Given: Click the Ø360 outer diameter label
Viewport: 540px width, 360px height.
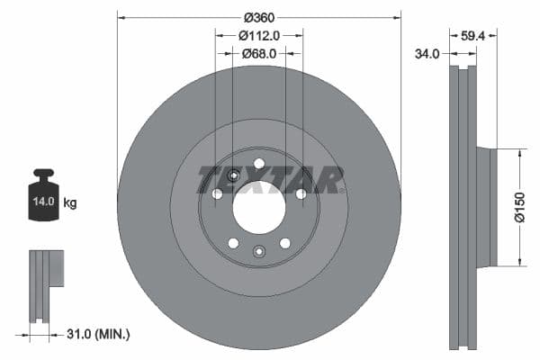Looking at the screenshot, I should click(x=259, y=17).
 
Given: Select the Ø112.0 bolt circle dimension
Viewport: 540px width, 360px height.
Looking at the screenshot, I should click(x=259, y=35).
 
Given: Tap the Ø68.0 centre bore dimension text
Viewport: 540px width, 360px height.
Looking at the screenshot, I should click(x=259, y=54).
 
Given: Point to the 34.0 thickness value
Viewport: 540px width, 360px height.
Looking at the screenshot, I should click(x=427, y=54).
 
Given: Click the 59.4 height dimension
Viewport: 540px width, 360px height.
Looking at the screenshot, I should click(x=472, y=37).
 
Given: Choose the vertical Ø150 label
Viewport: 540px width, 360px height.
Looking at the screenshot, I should click(x=519, y=208).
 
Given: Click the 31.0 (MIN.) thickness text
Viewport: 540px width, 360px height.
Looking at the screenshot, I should click(x=96, y=334).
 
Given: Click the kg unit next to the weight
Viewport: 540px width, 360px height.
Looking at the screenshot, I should click(x=69, y=203).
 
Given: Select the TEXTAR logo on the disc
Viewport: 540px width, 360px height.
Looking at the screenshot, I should click(x=270, y=179).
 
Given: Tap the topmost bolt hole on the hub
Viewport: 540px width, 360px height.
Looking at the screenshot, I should click(x=259, y=163).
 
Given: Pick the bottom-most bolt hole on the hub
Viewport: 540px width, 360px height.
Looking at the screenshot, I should click(x=259, y=251).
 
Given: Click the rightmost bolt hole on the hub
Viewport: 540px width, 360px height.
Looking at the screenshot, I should click(x=301, y=193).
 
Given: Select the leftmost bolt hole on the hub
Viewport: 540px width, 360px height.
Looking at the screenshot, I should click(x=217, y=193).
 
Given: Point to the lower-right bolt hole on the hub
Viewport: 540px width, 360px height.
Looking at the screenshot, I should click(x=285, y=243).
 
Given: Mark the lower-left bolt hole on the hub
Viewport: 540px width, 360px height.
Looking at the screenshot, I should click(x=233, y=243).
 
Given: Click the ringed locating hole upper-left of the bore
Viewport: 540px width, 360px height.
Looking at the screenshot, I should click(x=233, y=175).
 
